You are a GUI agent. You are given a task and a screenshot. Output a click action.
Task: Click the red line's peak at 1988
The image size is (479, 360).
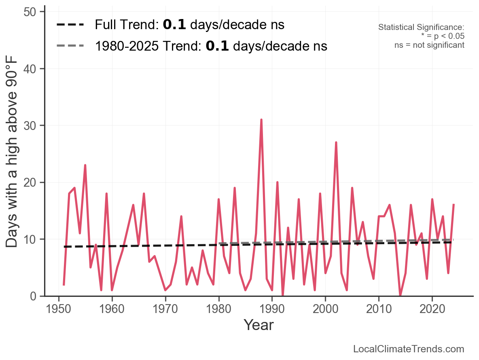click(x=261, y=120)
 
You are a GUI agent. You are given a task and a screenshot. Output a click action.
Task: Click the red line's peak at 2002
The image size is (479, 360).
click(x=336, y=143)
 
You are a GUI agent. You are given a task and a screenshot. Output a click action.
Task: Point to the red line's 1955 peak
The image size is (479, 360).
click(x=85, y=165)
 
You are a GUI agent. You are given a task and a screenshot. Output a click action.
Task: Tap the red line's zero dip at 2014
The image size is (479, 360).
click(x=400, y=295)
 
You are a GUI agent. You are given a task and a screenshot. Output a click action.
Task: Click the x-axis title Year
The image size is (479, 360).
click(x=259, y=325)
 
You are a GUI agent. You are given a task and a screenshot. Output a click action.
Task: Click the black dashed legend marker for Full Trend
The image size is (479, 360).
click(x=70, y=25)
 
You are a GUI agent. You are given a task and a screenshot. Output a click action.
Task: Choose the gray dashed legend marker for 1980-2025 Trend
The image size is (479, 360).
click(x=70, y=46)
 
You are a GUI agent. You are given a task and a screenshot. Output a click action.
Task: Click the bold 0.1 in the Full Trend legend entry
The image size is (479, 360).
click(x=174, y=25)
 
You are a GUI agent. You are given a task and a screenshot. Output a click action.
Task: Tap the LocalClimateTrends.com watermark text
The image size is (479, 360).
click(x=409, y=349)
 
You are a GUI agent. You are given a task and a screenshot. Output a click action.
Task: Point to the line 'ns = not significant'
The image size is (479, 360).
click(x=429, y=45)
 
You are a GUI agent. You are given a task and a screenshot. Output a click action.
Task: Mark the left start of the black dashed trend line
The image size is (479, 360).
click(x=64, y=247)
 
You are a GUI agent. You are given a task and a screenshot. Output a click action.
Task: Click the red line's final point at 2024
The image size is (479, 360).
click(x=454, y=205)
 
